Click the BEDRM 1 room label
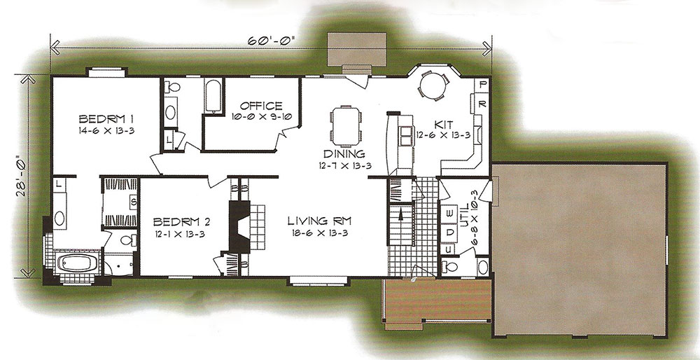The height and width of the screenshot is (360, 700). point(106,119)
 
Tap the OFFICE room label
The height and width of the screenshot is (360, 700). point(261,106)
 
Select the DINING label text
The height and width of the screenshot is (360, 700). point(344,154)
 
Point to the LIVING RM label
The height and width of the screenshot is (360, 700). point(319,221)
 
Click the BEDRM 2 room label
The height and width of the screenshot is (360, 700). point(181,222)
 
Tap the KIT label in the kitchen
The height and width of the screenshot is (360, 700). point(443,124)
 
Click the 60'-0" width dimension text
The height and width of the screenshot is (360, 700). point(272,41)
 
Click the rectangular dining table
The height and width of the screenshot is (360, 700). point(346,126)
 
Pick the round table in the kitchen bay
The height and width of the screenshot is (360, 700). point(433,85)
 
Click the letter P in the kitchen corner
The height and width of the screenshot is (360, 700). point(482,85)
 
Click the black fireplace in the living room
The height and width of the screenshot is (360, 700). point(239,226)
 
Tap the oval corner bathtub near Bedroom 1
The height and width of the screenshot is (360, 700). point(77,263)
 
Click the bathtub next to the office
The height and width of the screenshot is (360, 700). point(213,96)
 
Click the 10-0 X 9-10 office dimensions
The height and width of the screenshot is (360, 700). point(261,117)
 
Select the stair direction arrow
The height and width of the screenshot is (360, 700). point(401,216)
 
